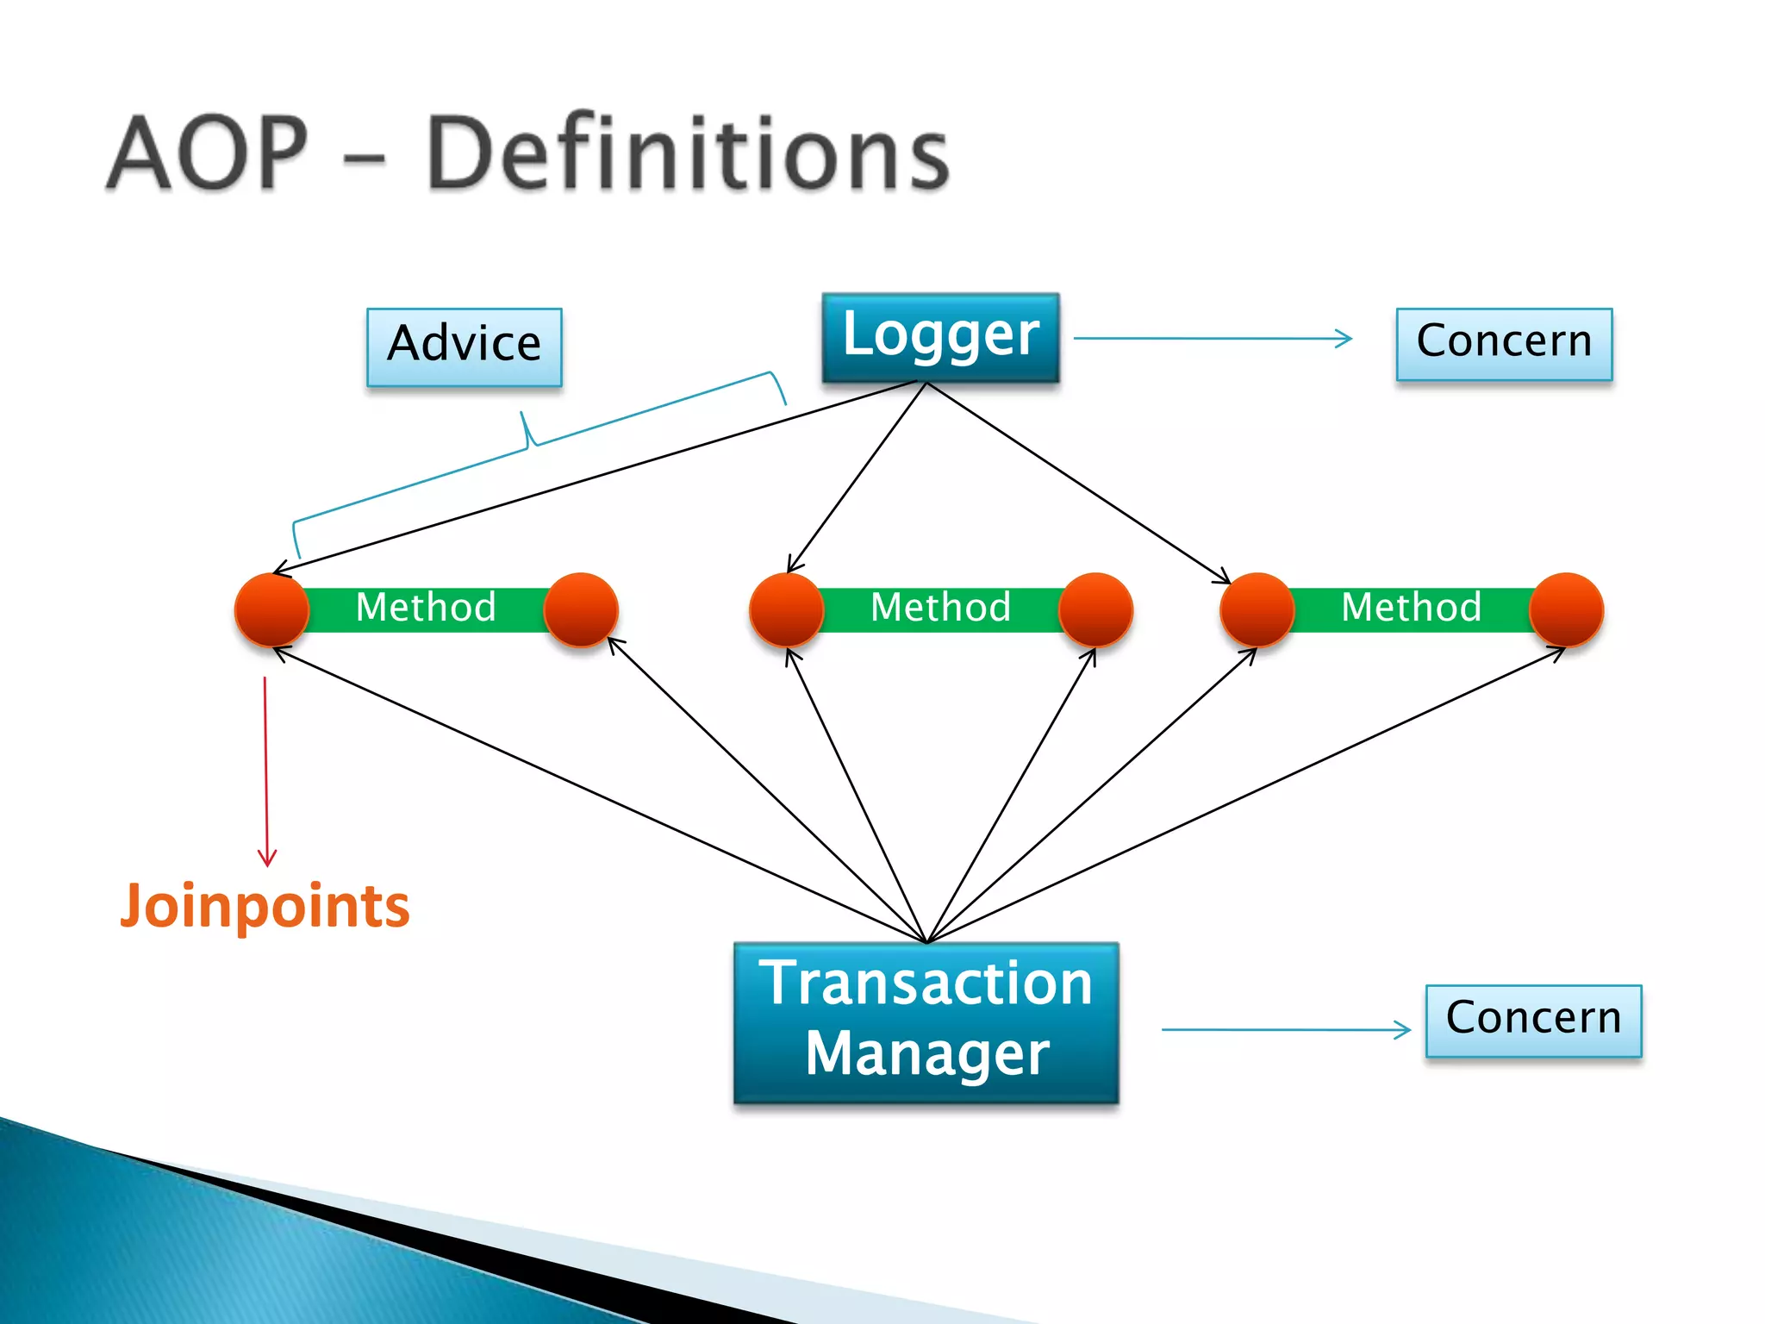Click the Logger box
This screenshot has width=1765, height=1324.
click(940, 337)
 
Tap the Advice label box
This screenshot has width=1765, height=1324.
click(464, 347)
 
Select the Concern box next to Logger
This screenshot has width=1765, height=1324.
click(1504, 343)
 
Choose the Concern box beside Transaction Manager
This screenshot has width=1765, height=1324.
click(1533, 1020)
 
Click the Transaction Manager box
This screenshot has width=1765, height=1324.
click(926, 1021)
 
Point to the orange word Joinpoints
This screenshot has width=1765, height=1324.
click(265, 906)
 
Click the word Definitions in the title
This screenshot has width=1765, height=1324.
click(687, 153)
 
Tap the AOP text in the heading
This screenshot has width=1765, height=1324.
click(207, 153)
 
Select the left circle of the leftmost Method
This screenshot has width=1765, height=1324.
click(271, 610)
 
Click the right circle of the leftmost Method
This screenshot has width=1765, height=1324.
click(581, 610)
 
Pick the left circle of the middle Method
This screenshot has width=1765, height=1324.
click(786, 610)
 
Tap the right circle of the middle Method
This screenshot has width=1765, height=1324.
click(1095, 610)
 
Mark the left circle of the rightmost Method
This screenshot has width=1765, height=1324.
click(1257, 610)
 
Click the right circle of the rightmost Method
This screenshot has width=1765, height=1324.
click(1566, 610)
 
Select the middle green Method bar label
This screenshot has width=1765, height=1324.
click(940, 608)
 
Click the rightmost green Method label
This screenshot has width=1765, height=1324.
click(1411, 608)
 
